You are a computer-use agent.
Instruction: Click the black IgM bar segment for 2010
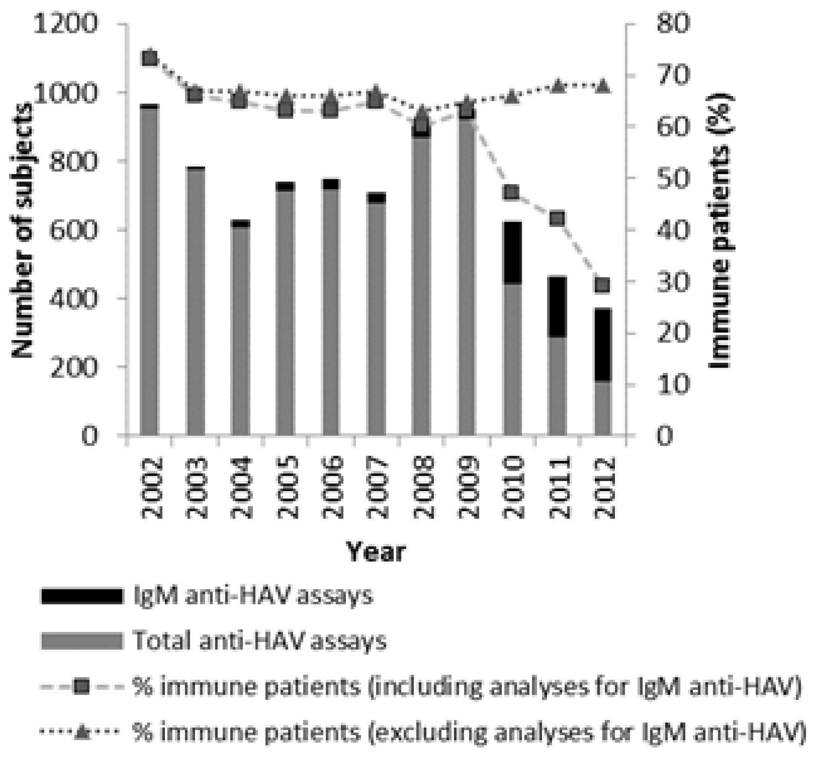tap(513, 252)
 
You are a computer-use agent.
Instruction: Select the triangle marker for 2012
tap(603, 86)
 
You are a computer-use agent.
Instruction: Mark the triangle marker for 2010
tap(513, 97)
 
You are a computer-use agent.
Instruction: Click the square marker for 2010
tap(513, 192)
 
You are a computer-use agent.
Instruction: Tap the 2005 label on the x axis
tap(288, 488)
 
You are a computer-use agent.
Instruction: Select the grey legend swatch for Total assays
tap(82, 641)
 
